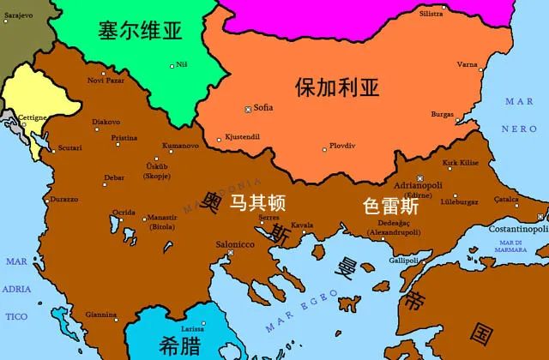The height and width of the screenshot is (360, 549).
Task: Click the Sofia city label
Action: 262,107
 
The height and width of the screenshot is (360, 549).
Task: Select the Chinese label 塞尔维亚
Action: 140,32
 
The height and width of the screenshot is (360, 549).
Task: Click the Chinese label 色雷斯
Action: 391,207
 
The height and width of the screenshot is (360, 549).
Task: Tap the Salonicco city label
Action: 234,244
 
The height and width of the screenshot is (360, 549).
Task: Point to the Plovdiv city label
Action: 342,145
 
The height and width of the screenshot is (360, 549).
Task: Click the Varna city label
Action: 468,64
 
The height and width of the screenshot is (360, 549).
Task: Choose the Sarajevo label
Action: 16,15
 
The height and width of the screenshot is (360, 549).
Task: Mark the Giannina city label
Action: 101,314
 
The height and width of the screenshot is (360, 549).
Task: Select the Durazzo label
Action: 63,199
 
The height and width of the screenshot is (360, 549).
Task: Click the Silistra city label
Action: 431,15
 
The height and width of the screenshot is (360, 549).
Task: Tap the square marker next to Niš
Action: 172,65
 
